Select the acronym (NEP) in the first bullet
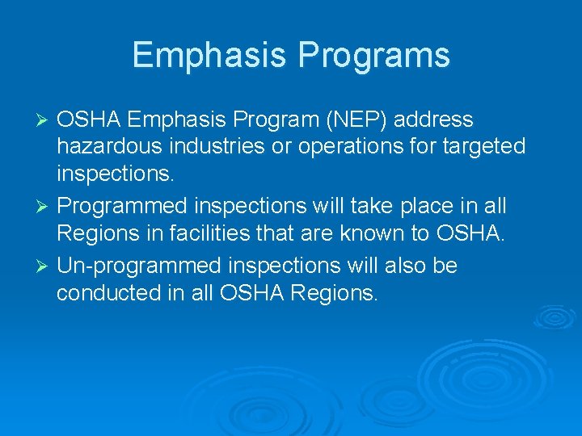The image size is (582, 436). pyautogui.click(x=348, y=120)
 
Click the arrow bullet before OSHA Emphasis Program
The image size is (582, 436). pyautogui.click(x=45, y=120)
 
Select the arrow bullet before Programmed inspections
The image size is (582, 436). pyautogui.click(x=45, y=207)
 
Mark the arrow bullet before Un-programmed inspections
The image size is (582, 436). pyautogui.click(x=45, y=266)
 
